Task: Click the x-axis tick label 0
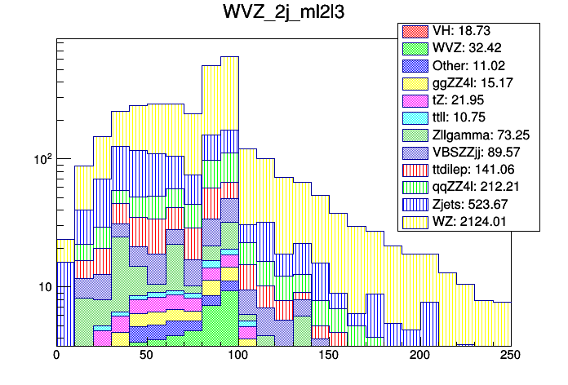(56, 356)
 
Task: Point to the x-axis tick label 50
(147, 356)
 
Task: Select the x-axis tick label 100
(238, 356)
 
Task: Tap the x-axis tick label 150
(329, 356)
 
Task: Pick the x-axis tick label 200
(419, 356)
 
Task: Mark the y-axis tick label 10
(40, 287)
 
